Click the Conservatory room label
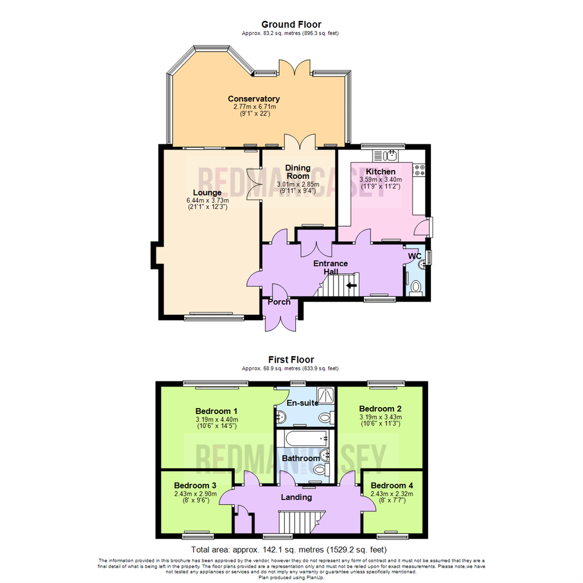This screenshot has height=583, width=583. coord(254,99)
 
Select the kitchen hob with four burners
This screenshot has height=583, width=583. coord(419,170)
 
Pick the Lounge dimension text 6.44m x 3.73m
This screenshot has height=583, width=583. coord(207,200)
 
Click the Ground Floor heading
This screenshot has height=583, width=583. coord(291,24)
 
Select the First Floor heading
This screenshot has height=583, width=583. coord(291,360)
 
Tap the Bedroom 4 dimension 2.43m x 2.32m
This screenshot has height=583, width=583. coord(391,493)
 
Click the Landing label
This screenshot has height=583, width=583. coord(296,497)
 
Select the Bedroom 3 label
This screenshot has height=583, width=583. coord(195,485)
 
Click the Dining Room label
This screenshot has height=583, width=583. coord(297,172)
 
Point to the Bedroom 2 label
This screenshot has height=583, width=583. coord(380,408)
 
